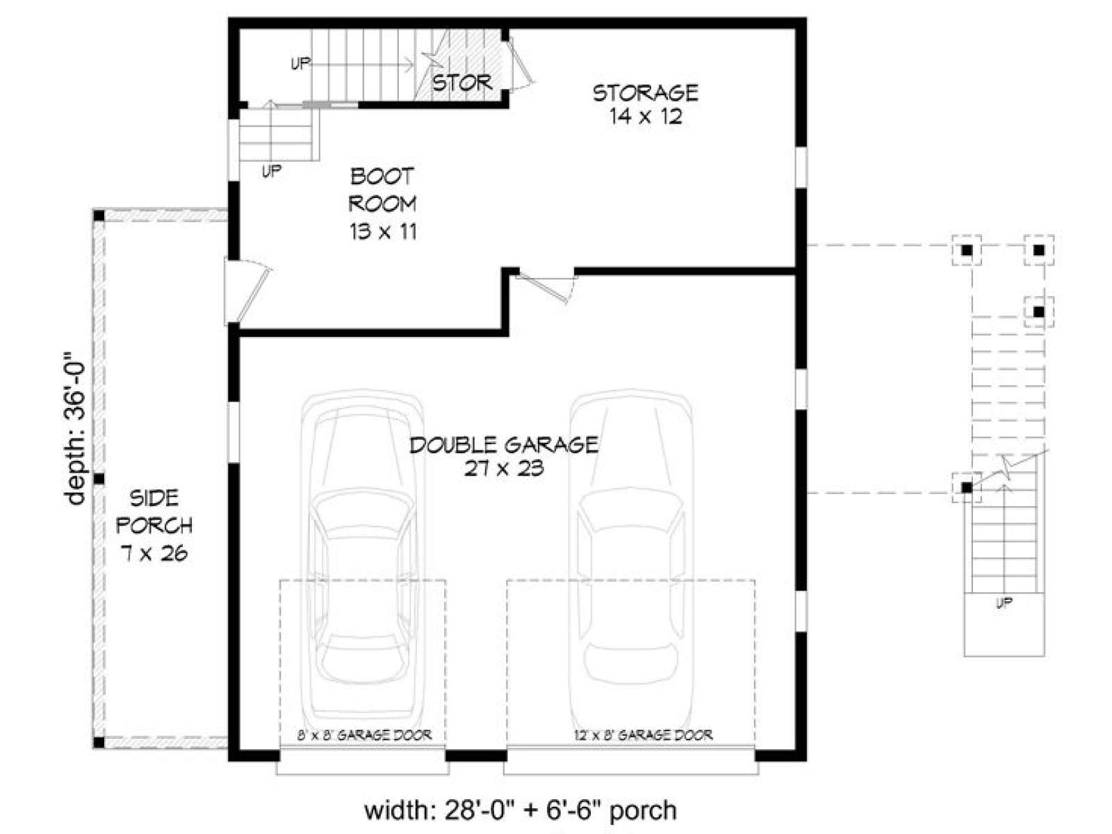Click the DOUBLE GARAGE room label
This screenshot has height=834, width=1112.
click(x=504, y=456)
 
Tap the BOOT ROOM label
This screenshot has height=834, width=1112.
click(x=382, y=204)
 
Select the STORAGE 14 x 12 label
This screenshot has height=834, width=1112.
click(x=646, y=104)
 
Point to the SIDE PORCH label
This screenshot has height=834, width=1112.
click(x=154, y=525)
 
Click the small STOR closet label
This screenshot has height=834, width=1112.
click(x=462, y=83)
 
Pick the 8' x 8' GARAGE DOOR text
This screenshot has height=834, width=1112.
click(x=363, y=735)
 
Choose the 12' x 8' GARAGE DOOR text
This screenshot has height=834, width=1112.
click(x=644, y=735)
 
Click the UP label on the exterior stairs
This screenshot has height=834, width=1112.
click(x=1004, y=603)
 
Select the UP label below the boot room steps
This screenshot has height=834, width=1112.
click(x=272, y=171)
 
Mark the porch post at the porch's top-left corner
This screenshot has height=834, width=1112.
click(x=99, y=216)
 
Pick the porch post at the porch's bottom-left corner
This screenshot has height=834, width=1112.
click(x=99, y=743)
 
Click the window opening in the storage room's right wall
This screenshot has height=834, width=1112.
click(x=801, y=167)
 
